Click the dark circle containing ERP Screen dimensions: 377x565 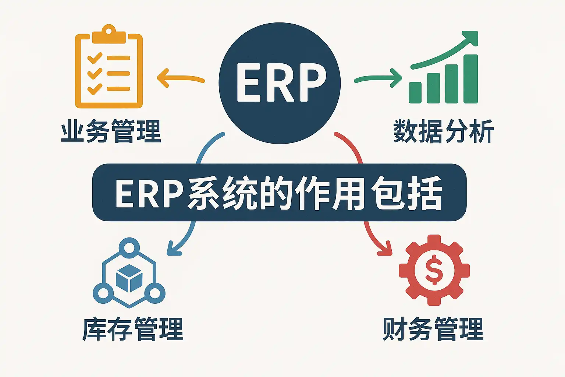coord(280,83)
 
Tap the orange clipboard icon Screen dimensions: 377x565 coord(109,68)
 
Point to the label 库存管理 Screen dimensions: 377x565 coord(133,329)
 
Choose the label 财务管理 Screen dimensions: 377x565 coord(433,329)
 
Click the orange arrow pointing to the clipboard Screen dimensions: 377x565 coord(180,78)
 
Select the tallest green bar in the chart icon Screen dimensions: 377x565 coord(470,79)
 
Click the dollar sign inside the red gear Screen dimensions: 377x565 coord(434,270)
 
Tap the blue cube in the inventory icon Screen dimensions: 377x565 coord(129,278)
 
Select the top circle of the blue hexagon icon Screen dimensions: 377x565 coord(129,246)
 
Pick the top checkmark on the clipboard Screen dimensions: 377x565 coord(95,58)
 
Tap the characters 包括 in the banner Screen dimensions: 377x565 coord(406,193)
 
